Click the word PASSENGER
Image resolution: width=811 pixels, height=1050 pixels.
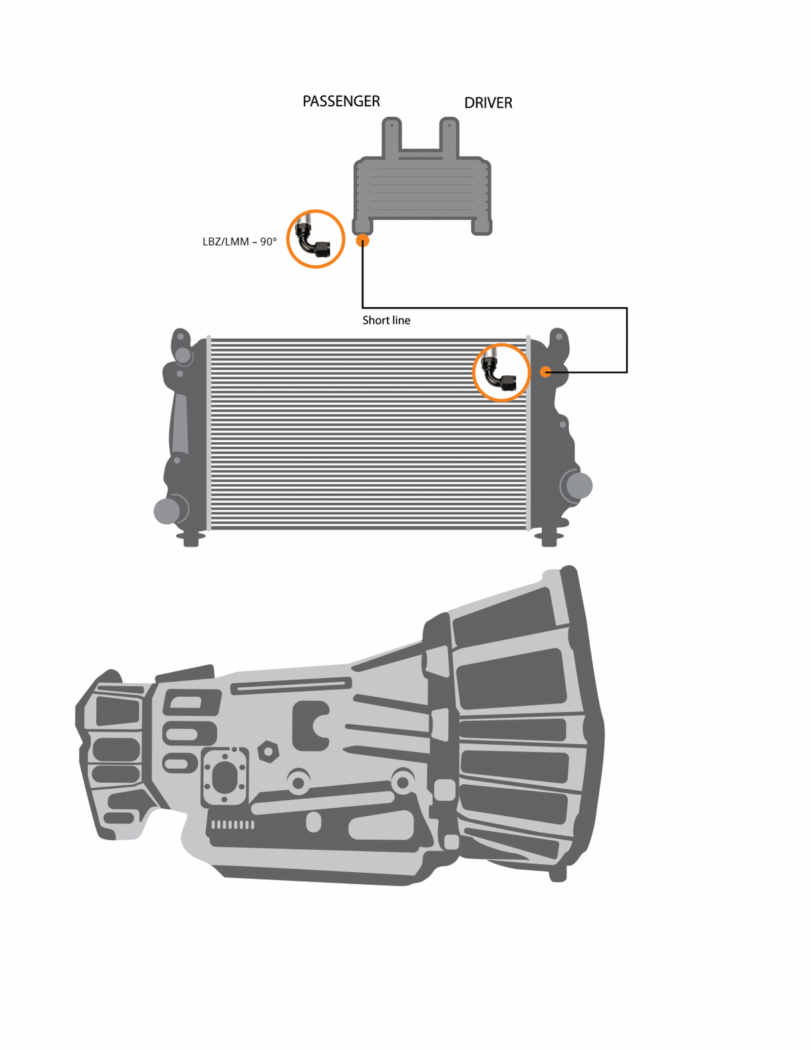tap(341, 102)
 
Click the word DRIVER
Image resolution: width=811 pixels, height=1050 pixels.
tap(488, 103)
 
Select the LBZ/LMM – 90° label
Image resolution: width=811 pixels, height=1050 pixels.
tap(239, 242)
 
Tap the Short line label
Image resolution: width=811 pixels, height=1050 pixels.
tap(386, 321)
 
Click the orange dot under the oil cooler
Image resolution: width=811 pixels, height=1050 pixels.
tap(362, 240)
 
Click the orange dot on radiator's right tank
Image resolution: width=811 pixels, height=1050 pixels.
tap(546, 371)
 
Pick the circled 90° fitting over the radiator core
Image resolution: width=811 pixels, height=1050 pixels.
tap(500, 373)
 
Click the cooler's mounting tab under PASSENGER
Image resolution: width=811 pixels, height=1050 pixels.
tap(391, 136)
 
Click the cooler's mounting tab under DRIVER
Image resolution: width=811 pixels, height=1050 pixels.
tap(450, 136)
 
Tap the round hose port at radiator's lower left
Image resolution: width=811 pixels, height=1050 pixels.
tap(168, 511)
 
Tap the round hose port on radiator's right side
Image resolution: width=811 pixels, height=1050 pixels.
tap(578, 486)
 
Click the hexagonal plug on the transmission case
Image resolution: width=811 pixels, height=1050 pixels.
tap(268, 751)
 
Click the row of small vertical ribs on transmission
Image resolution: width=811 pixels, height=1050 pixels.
tap(232, 825)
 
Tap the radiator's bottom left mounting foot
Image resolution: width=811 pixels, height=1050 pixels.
tap(190, 538)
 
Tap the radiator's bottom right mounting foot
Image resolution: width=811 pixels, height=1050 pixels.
tap(548, 538)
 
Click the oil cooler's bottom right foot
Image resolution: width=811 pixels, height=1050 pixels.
tap(481, 227)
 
